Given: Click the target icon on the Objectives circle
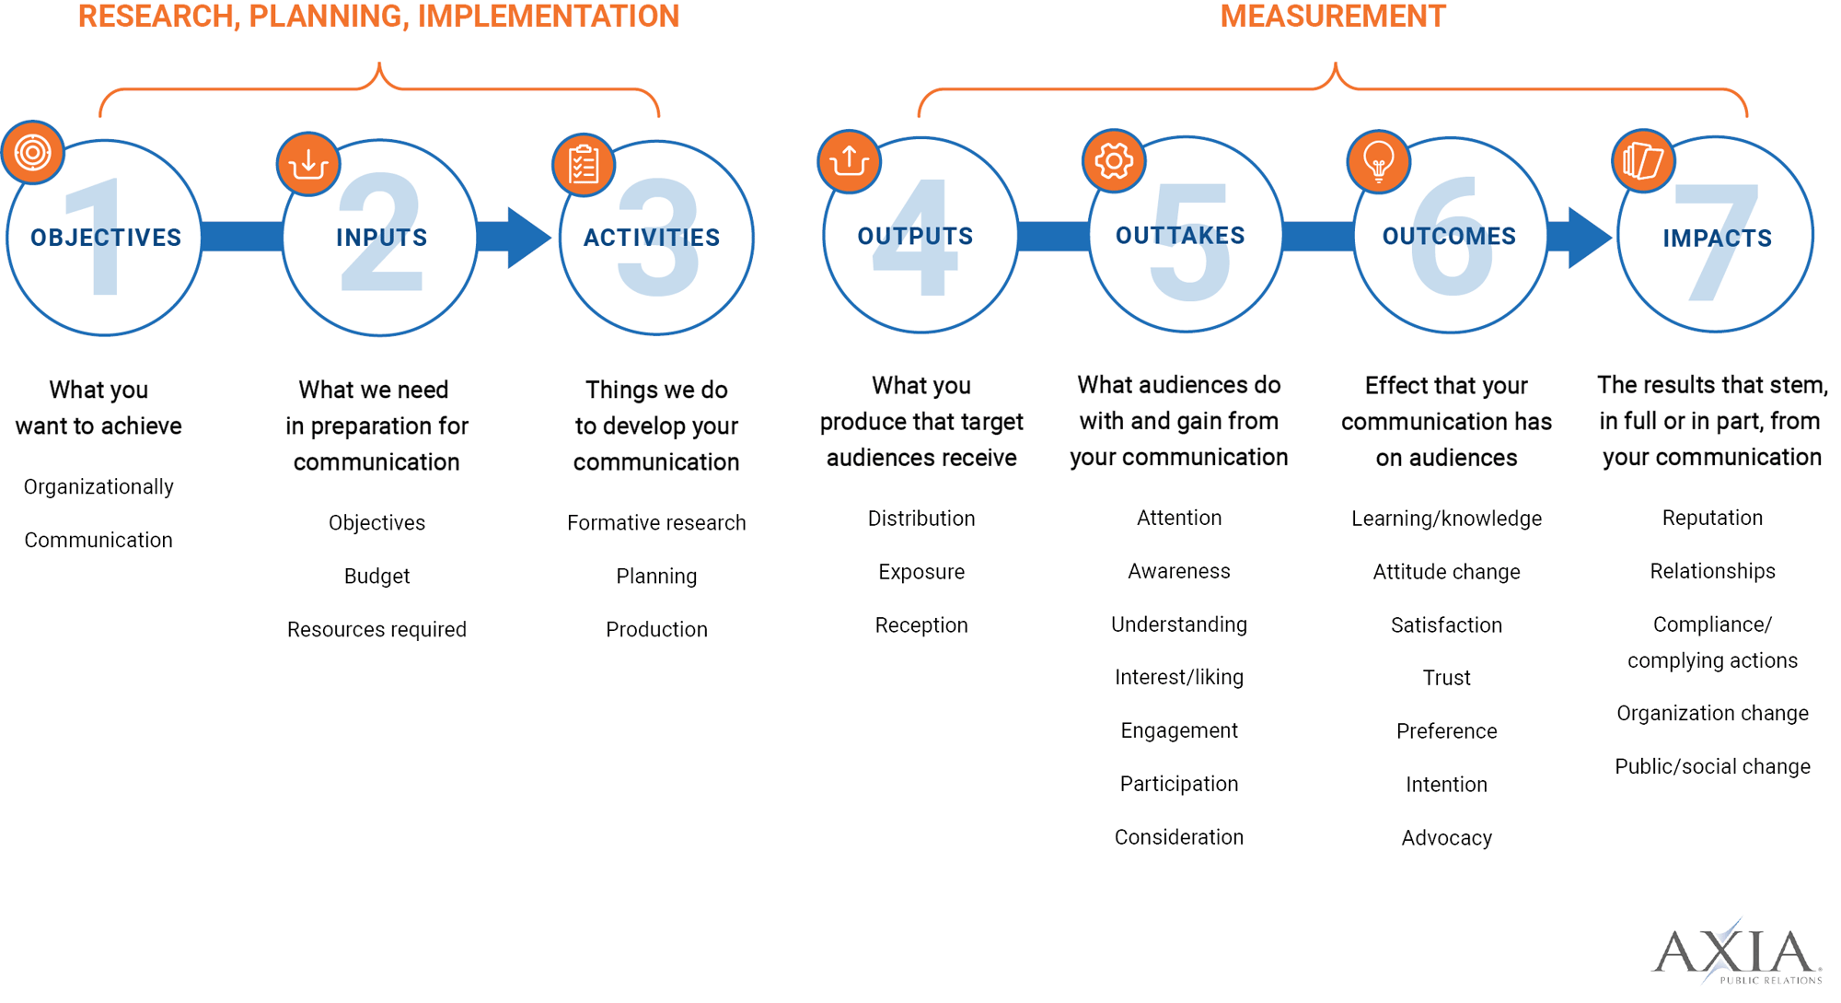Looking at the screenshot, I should coord(33,152).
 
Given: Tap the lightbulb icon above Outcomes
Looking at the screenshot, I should coord(1378,162).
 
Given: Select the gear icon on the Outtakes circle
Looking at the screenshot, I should coord(1114,161).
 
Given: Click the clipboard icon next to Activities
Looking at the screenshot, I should coord(584,166).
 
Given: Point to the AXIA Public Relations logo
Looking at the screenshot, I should coord(1736,952).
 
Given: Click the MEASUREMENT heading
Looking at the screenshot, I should coord(1332,17).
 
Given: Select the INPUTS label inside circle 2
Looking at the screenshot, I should coord(381,238).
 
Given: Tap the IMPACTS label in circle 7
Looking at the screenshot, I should coord(1717,239).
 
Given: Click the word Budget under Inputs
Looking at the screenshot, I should coord(376,577).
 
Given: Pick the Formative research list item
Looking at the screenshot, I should coord(656,523).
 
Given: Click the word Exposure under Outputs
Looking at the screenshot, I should coord(921,572).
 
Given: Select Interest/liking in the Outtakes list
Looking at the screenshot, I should coord(1178,678).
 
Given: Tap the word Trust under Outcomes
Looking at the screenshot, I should coord(1446,679).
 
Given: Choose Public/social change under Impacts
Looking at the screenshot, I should coord(1712,767).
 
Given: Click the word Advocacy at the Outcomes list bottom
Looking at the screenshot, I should coord(1446,838).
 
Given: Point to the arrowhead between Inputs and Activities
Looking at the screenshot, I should coord(527,238).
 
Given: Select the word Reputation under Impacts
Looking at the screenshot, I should coord(1712,519).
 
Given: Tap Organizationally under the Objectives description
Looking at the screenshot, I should coord(98,487).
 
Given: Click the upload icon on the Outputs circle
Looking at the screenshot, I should coord(849,161).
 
